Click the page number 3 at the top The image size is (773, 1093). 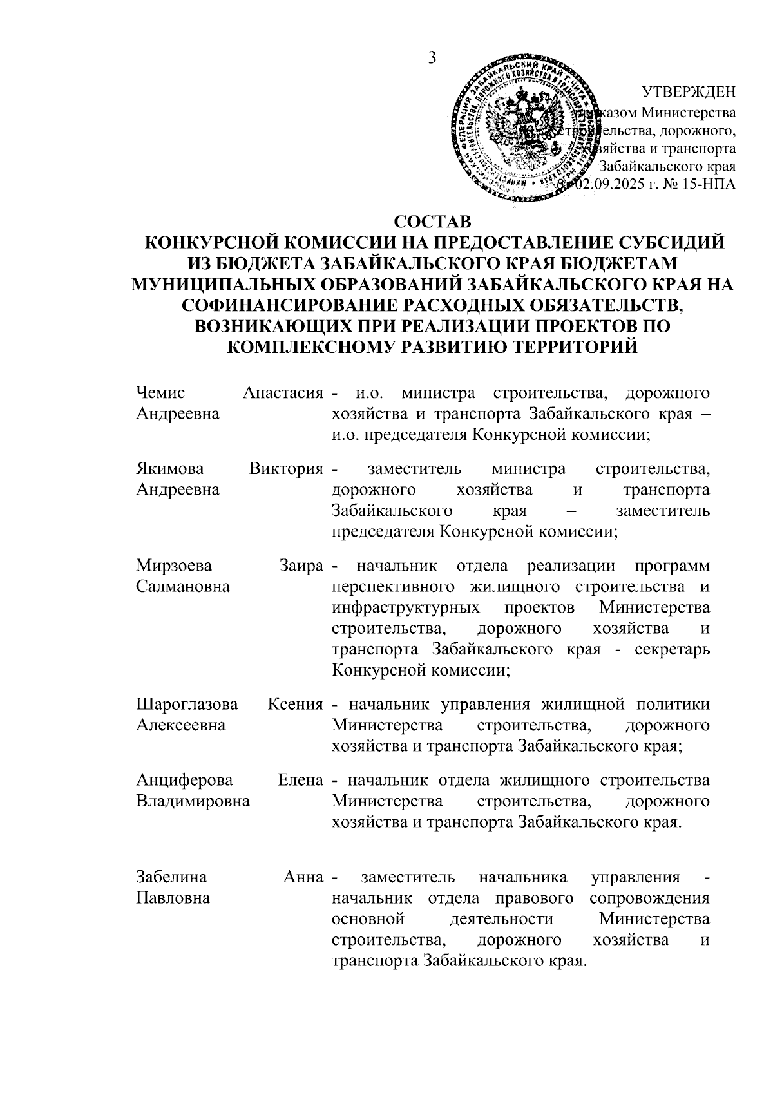click(x=432, y=58)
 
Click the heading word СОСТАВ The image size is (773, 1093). click(x=432, y=222)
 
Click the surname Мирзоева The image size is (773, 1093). click(x=173, y=566)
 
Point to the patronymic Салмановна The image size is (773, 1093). click(x=183, y=587)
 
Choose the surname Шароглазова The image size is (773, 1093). click(x=187, y=705)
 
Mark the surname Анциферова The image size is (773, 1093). click(x=184, y=781)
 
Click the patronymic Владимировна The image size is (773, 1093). click(x=193, y=802)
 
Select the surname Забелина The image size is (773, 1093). click(x=171, y=877)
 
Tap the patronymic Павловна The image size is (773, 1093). click(x=173, y=898)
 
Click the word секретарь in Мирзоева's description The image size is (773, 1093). click(x=672, y=649)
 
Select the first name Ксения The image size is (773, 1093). click(x=295, y=705)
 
